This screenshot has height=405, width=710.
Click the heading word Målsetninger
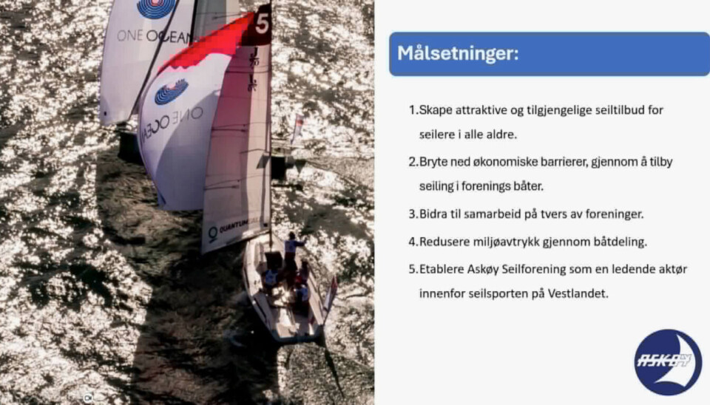458,54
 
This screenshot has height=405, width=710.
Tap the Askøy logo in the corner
668,362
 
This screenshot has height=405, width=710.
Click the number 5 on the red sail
263,23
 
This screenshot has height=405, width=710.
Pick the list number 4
413,242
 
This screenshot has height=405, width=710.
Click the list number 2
413,162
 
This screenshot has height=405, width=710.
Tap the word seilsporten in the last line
503,293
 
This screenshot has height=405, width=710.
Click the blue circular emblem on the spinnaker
171,92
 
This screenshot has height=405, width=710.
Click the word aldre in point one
501,135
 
